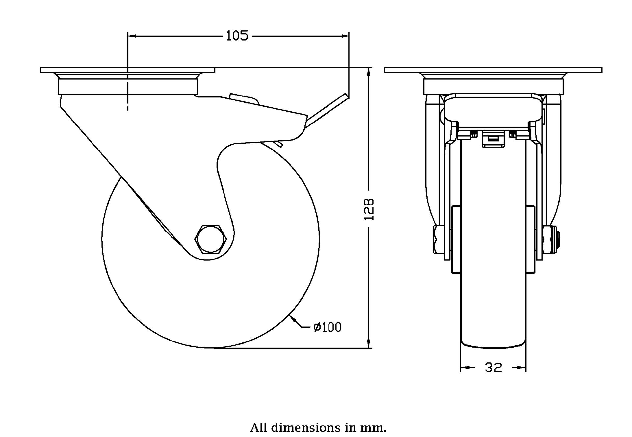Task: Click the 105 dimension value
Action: pos(237,36)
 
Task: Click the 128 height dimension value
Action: pos(369,209)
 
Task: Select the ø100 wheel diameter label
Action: pos(327,327)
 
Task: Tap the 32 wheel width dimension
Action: pos(493,368)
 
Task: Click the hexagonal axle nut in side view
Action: pos(211,239)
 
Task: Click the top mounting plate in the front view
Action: pos(493,70)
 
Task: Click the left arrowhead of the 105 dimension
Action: pos(132,36)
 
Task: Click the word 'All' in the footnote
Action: pos(259,428)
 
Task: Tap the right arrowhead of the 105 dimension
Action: pos(345,36)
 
